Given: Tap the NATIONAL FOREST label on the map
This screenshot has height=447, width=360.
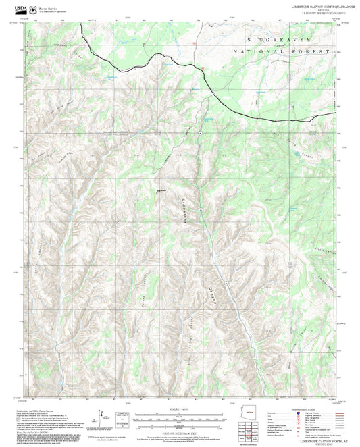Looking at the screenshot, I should click(281, 51).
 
